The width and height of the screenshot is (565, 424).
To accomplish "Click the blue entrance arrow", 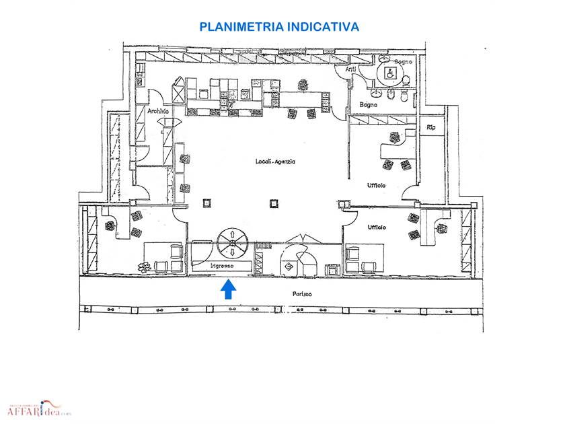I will pyautogui.click(x=229, y=289).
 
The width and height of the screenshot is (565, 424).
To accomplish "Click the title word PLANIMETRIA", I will pyautogui.click(x=241, y=27).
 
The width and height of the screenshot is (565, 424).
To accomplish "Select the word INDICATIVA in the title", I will pyautogui.click(x=323, y=27).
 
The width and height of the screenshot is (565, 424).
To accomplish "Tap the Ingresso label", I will pyautogui.click(x=221, y=267).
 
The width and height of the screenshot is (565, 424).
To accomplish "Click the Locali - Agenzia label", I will pyautogui.click(x=276, y=162).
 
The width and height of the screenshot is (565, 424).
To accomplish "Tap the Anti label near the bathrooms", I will pyautogui.click(x=350, y=69).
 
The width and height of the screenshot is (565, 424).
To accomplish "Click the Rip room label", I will pyautogui.click(x=430, y=127).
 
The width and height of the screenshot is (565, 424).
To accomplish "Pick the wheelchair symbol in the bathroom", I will pyautogui.click(x=387, y=75).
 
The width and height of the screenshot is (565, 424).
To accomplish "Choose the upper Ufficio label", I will pyautogui.click(x=376, y=185).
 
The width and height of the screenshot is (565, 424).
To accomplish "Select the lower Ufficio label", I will pyautogui.click(x=376, y=227).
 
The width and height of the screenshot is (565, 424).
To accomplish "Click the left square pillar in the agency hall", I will pyautogui.click(x=206, y=202).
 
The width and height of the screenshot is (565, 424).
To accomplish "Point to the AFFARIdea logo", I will pyautogui.click(x=38, y=407).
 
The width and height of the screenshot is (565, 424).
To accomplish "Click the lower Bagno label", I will pyautogui.click(x=368, y=104).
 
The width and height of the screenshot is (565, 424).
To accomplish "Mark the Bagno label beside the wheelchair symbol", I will pyautogui.click(x=402, y=62).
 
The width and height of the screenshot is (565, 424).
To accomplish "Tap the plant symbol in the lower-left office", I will pyautogui.click(x=143, y=267).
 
